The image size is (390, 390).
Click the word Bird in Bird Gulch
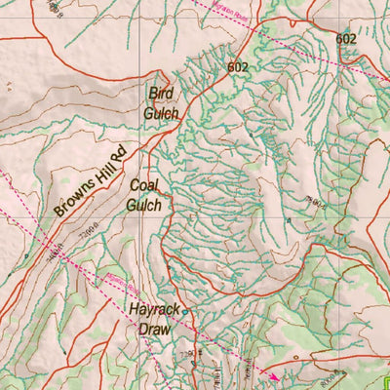(158, 94)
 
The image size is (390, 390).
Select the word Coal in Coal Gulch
(143, 185)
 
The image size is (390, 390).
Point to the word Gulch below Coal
(143, 205)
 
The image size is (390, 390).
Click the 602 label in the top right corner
(345, 38)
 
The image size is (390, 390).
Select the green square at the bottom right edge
(387, 382)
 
